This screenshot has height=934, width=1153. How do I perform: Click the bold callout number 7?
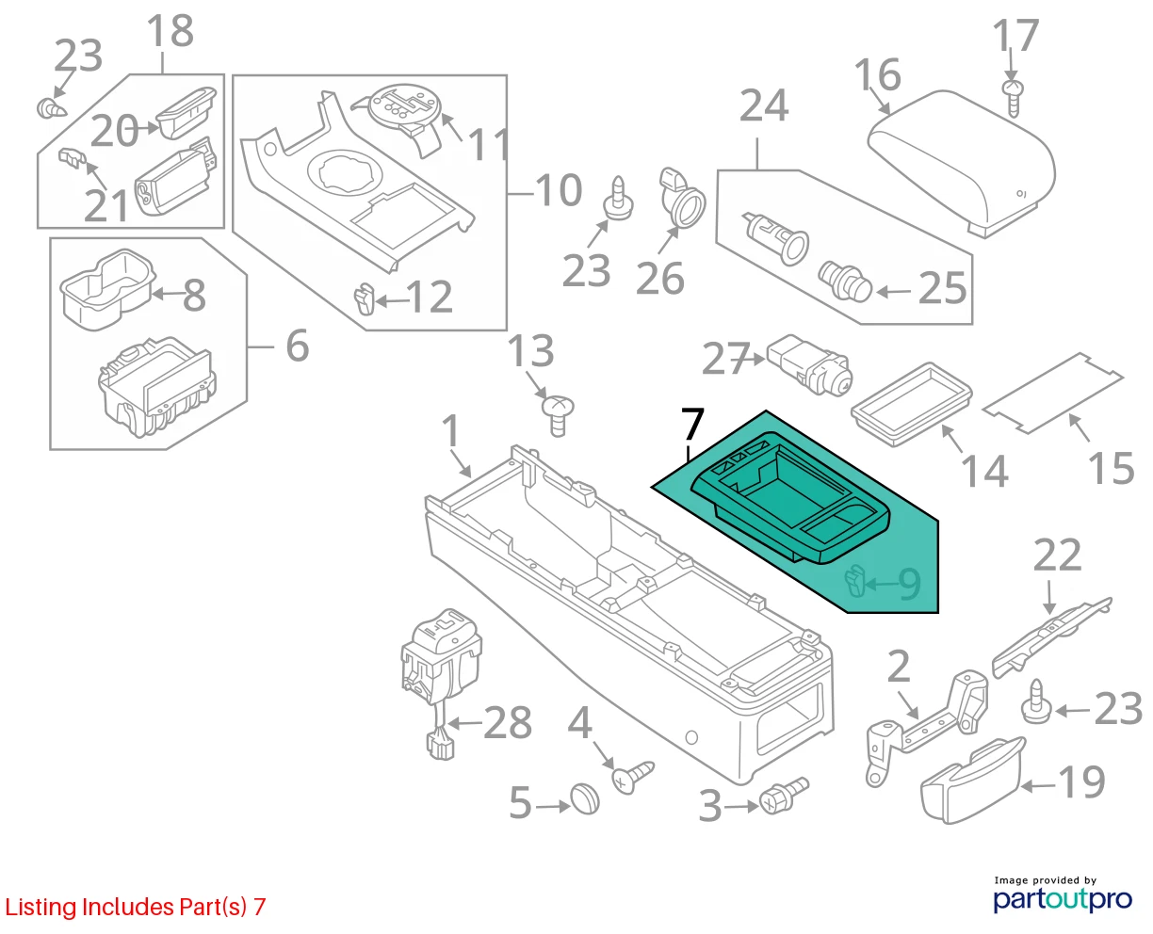[692, 425]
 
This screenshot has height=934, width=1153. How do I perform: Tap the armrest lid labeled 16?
[961, 162]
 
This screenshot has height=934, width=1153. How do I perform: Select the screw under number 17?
[1013, 98]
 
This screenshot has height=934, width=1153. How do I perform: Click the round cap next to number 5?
[585, 798]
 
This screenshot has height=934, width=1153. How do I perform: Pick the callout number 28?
[507, 722]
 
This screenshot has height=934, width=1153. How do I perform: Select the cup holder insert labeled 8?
[108, 289]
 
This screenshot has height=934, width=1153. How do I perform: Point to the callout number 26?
[659, 278]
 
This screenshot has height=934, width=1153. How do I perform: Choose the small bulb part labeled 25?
[844, 281]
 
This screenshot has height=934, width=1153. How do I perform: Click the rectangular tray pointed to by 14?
[912, 404]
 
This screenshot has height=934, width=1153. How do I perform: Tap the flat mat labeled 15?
[1053, 393]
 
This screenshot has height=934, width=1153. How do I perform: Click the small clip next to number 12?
[364, 299]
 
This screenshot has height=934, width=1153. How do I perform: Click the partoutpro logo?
[1062, 899]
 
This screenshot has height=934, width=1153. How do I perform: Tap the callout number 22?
[1057, 556]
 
